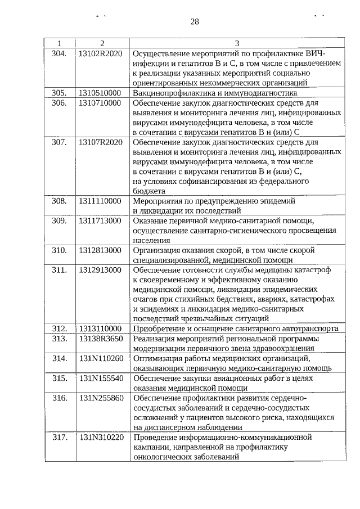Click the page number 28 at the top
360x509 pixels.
tap(195, 22)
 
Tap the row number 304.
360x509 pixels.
tap(59, 54)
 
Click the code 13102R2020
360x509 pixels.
tap(100, 54)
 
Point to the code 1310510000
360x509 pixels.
tap(100, 93)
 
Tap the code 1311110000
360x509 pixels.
tap(100, 201)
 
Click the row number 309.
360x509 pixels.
tap(59, 220)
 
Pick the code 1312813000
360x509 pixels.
tap(100, 250)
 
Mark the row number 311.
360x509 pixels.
tap(59, 270)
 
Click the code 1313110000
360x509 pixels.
tap(100, 328)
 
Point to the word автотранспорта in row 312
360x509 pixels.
tap(311, 328)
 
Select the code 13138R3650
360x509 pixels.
tap(100, 339)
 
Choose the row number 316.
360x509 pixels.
tap(59, 398)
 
